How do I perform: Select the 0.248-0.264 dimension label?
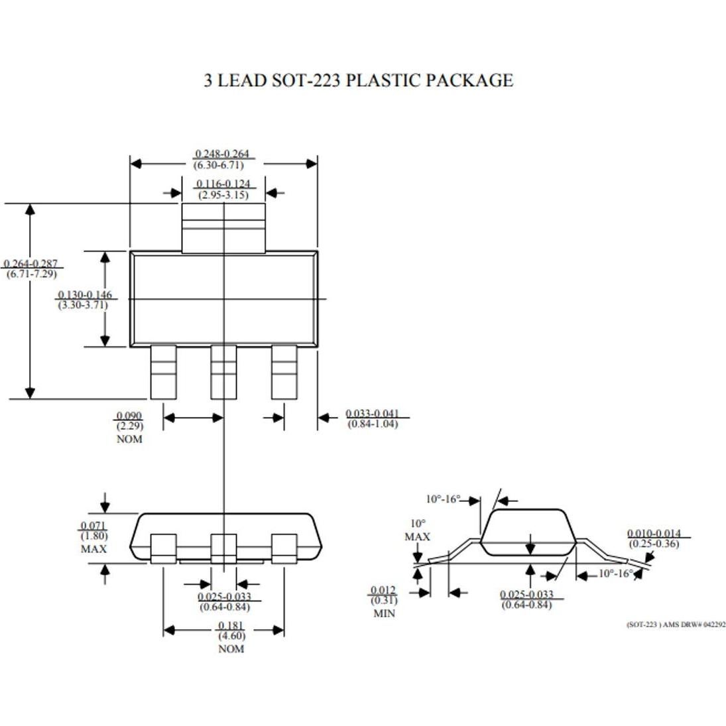pyautogui.click(x=223, y=154)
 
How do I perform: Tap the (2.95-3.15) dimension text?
pyautogui.click(x=223, y=195)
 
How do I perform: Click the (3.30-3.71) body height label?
pyautogui.click(x=82, y=305)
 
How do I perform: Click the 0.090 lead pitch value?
pyautogui.click(x=129, y=416)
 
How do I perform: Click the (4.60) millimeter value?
pyautogui.click(x=231, y=637)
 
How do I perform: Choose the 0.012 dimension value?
pyautogui.click(x=383, y=591)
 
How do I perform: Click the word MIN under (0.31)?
pyautogui.click(x=384, y=614)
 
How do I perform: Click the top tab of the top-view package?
pyautogui.click(x=223, y=227)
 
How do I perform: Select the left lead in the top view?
pyautogui.click(x=163, y=372)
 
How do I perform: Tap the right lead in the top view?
pyautogui.click(x=284, y=372)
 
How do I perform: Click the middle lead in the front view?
pyautogui.click(x=223, y=548)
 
